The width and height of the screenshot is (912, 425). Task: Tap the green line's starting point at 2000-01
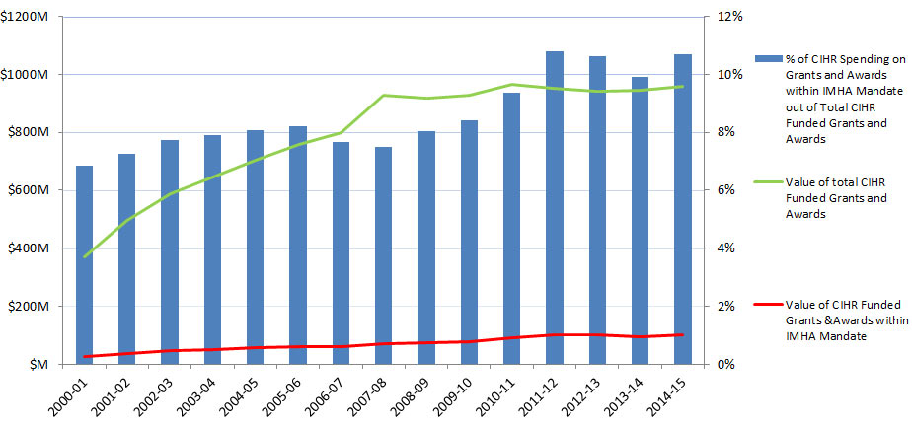click(x=84, y=257)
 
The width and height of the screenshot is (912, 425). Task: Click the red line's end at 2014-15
click(x=682, y=334)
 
